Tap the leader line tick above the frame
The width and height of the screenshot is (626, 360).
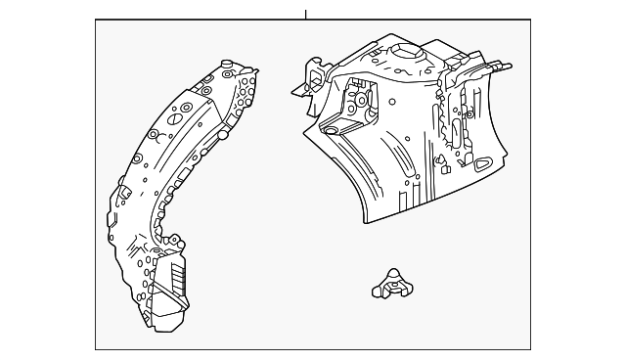pos(305,14)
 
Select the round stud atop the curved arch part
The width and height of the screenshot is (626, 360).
pos(227,67)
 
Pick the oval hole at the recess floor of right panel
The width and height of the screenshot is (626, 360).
pos(331,129)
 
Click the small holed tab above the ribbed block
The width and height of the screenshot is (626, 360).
pos(174,241)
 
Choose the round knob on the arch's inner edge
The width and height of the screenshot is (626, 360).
pos(223,135)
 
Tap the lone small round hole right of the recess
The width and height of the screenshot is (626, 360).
pos(390,101)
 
